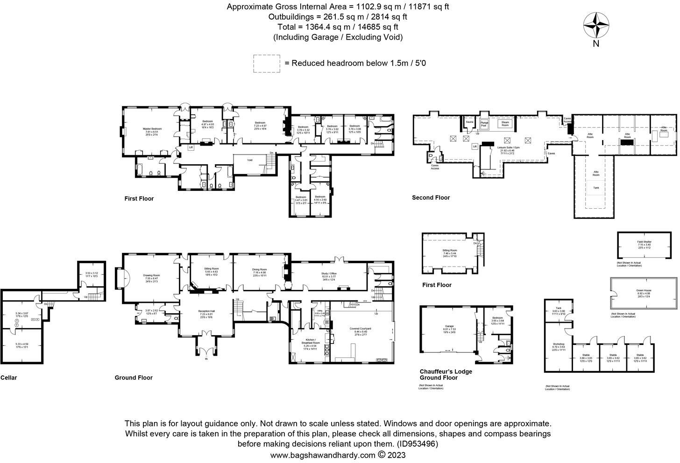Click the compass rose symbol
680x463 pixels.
596,25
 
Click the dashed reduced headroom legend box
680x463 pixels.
267,63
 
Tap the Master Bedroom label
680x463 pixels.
152,129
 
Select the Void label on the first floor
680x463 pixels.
250,160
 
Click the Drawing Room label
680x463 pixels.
151,275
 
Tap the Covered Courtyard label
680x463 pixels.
360,329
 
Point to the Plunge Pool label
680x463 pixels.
484,124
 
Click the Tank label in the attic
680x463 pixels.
595,188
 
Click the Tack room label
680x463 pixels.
559,308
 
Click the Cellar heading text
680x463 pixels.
9,378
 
